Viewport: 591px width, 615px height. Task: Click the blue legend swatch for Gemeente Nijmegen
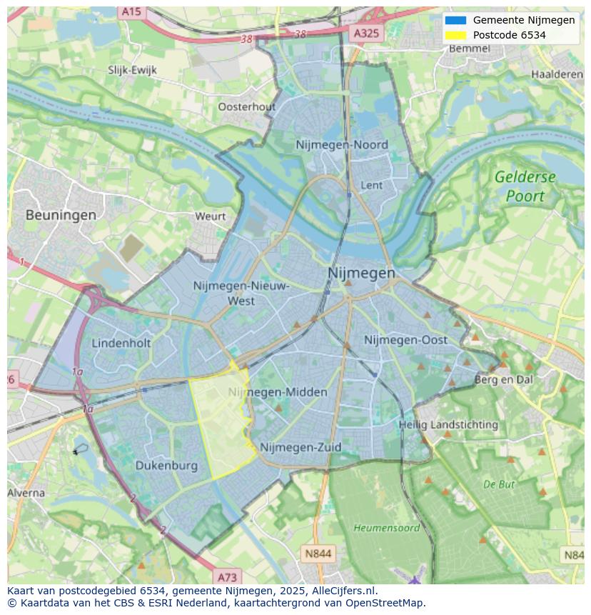(455, 20)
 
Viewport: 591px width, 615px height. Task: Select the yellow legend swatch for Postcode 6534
(455, 35)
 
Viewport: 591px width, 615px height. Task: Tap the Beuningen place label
(61, 214)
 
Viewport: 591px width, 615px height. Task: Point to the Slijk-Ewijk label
(132, 70)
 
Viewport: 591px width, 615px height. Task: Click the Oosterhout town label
(246, 106)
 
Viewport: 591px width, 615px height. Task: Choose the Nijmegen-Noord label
(342, 145)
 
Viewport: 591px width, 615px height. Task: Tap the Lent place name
(372, 185)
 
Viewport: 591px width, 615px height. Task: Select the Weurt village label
(210, 216)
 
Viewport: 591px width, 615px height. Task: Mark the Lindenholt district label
(121, 343)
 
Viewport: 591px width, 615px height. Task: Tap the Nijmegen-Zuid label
(300, 447)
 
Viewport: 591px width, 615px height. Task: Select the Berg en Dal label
(504, 380)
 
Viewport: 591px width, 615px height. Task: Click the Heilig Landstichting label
(448, 424)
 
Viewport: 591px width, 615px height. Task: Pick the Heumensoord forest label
(376, 528)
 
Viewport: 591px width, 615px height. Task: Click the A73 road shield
(227, 576)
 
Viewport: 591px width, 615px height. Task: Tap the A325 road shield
(367, 33)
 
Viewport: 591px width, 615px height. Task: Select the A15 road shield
(131, 11)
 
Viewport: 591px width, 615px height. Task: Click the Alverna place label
(26, 493)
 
